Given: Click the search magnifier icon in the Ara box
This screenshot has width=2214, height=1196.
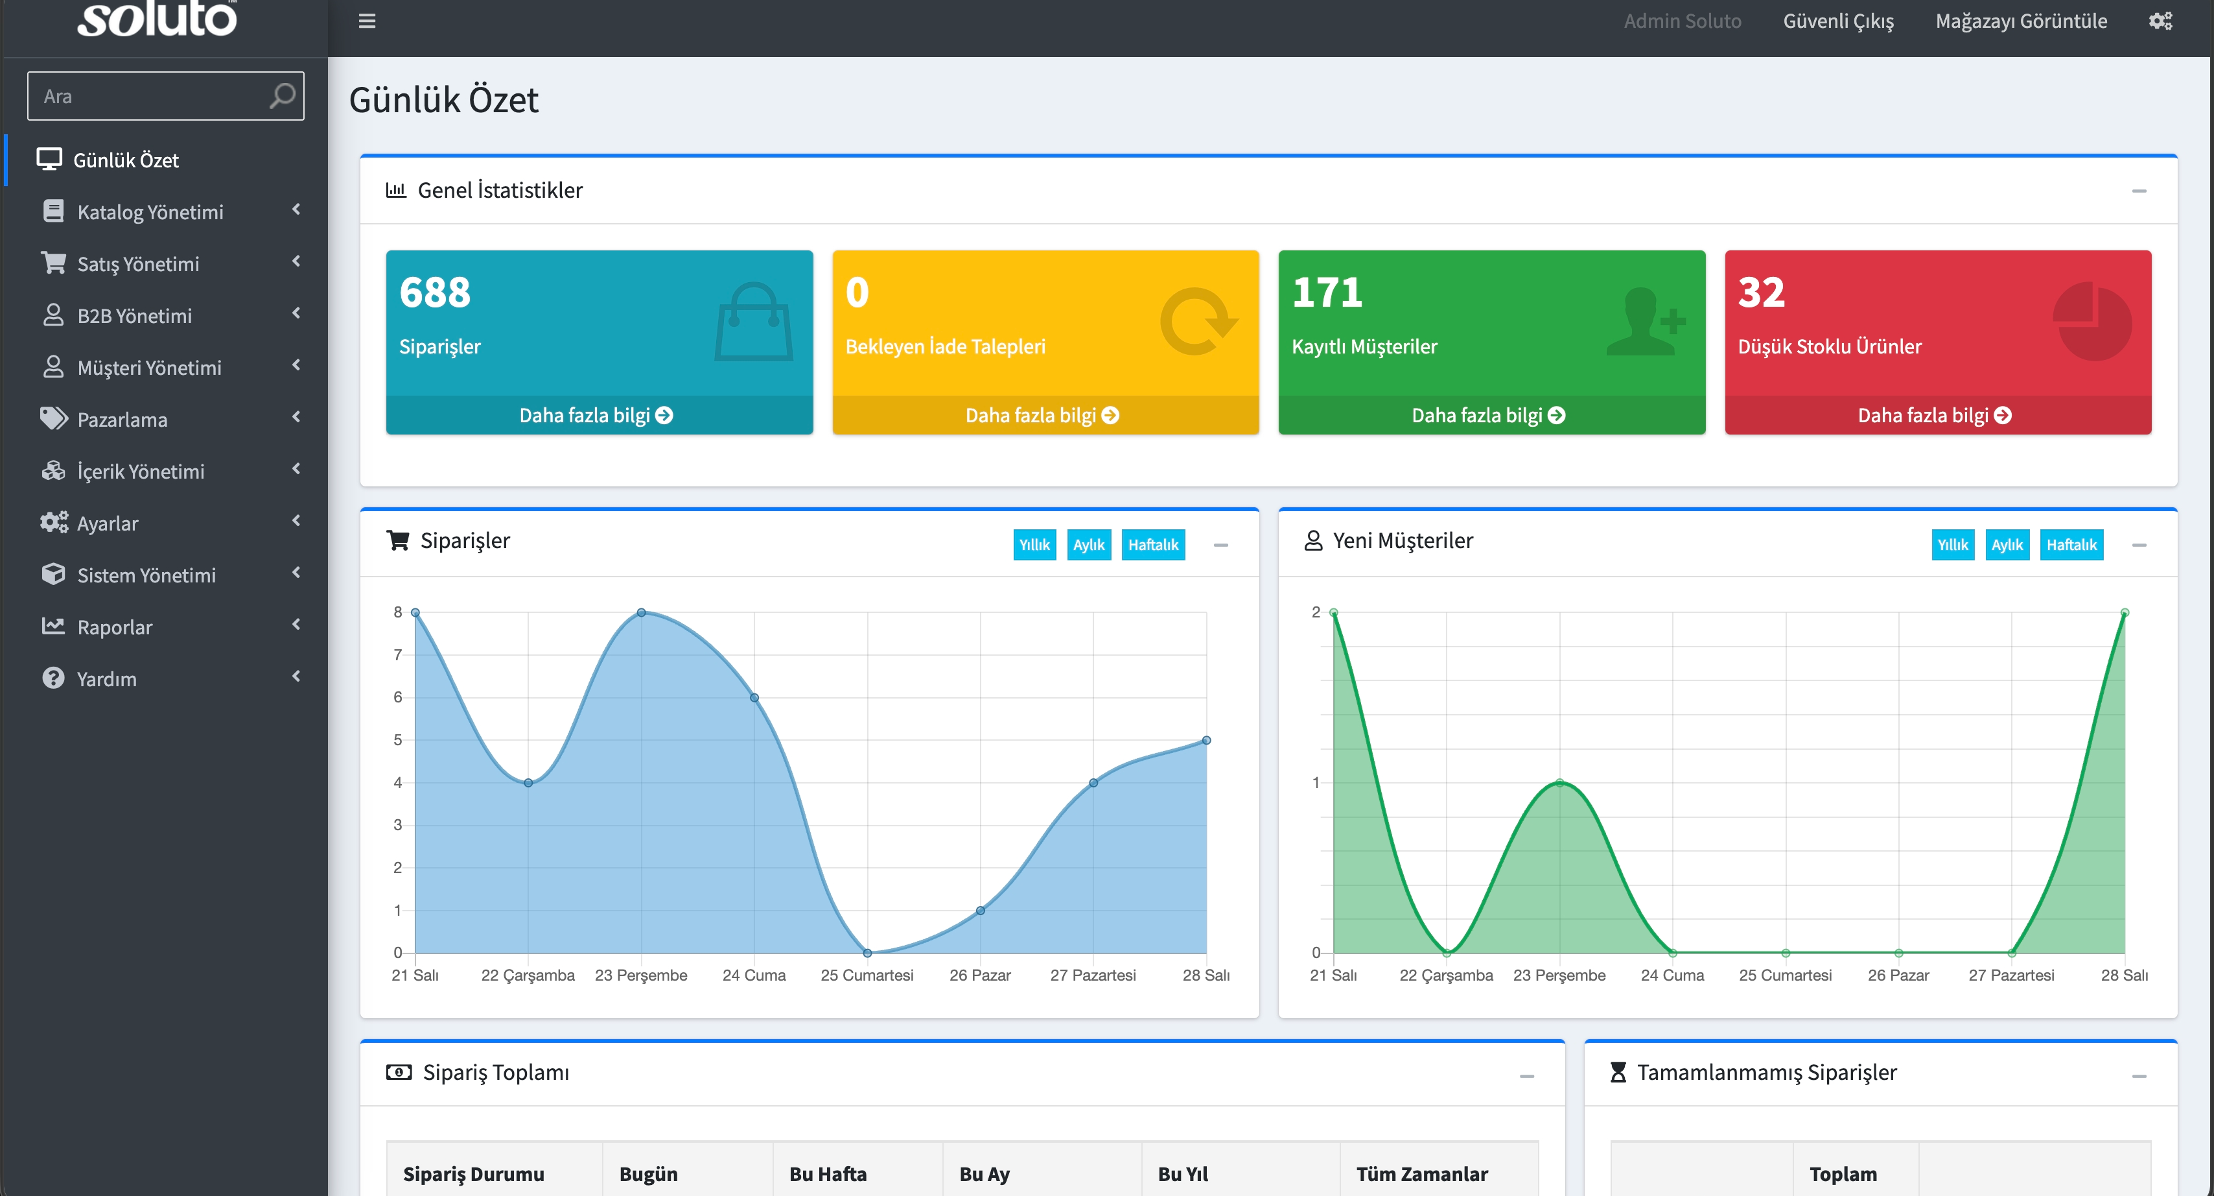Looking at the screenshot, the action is [282, 95].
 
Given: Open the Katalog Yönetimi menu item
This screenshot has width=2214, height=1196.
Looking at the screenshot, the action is [150, 211].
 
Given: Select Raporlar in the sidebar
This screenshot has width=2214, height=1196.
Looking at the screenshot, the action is [114, 627].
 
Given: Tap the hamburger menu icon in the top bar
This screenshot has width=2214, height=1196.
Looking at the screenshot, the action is [367, 21].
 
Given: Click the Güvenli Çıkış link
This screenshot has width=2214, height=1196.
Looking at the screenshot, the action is [1838, 21].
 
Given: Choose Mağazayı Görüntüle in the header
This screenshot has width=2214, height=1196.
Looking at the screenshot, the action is [2021, 21].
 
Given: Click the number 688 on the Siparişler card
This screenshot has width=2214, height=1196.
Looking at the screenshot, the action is [435, 293].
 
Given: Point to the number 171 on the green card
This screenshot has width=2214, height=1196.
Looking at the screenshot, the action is [1327, 293].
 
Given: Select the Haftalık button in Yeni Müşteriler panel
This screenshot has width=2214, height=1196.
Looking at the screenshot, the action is [2071, 544].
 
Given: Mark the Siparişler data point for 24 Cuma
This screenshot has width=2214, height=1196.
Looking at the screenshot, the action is [754, 697].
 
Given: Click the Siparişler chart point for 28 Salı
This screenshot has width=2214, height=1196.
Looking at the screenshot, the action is [1206, 740].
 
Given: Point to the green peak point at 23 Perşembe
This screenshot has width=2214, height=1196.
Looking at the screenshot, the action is [1559, 782].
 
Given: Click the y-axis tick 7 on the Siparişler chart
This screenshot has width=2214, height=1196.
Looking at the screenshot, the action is [397, 654].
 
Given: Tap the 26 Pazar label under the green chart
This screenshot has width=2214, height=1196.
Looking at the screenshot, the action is [1898, 975].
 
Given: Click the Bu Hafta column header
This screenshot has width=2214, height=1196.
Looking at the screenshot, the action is [828, 1174].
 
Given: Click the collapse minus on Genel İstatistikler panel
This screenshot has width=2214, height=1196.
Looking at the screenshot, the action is [2139, 191].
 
